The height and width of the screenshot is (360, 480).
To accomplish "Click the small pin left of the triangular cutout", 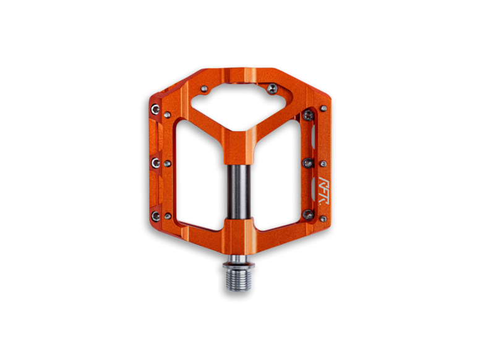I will point(204,88).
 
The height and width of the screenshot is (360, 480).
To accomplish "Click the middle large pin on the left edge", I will point(156,162).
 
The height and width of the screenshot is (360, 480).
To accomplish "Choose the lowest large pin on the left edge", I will point(156,216).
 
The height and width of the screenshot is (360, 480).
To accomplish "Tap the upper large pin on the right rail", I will point(308,115).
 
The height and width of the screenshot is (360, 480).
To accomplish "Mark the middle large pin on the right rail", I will point(308,163).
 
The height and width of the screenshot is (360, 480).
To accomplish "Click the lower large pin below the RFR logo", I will point(308,215).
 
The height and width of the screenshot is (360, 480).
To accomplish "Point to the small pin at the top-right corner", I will point(323,109).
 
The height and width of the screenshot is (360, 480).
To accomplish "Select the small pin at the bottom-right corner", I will point(323,218).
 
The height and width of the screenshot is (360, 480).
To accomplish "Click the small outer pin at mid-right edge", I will point(323,164).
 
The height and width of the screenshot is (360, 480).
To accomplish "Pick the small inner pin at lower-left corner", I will point(168,217).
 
